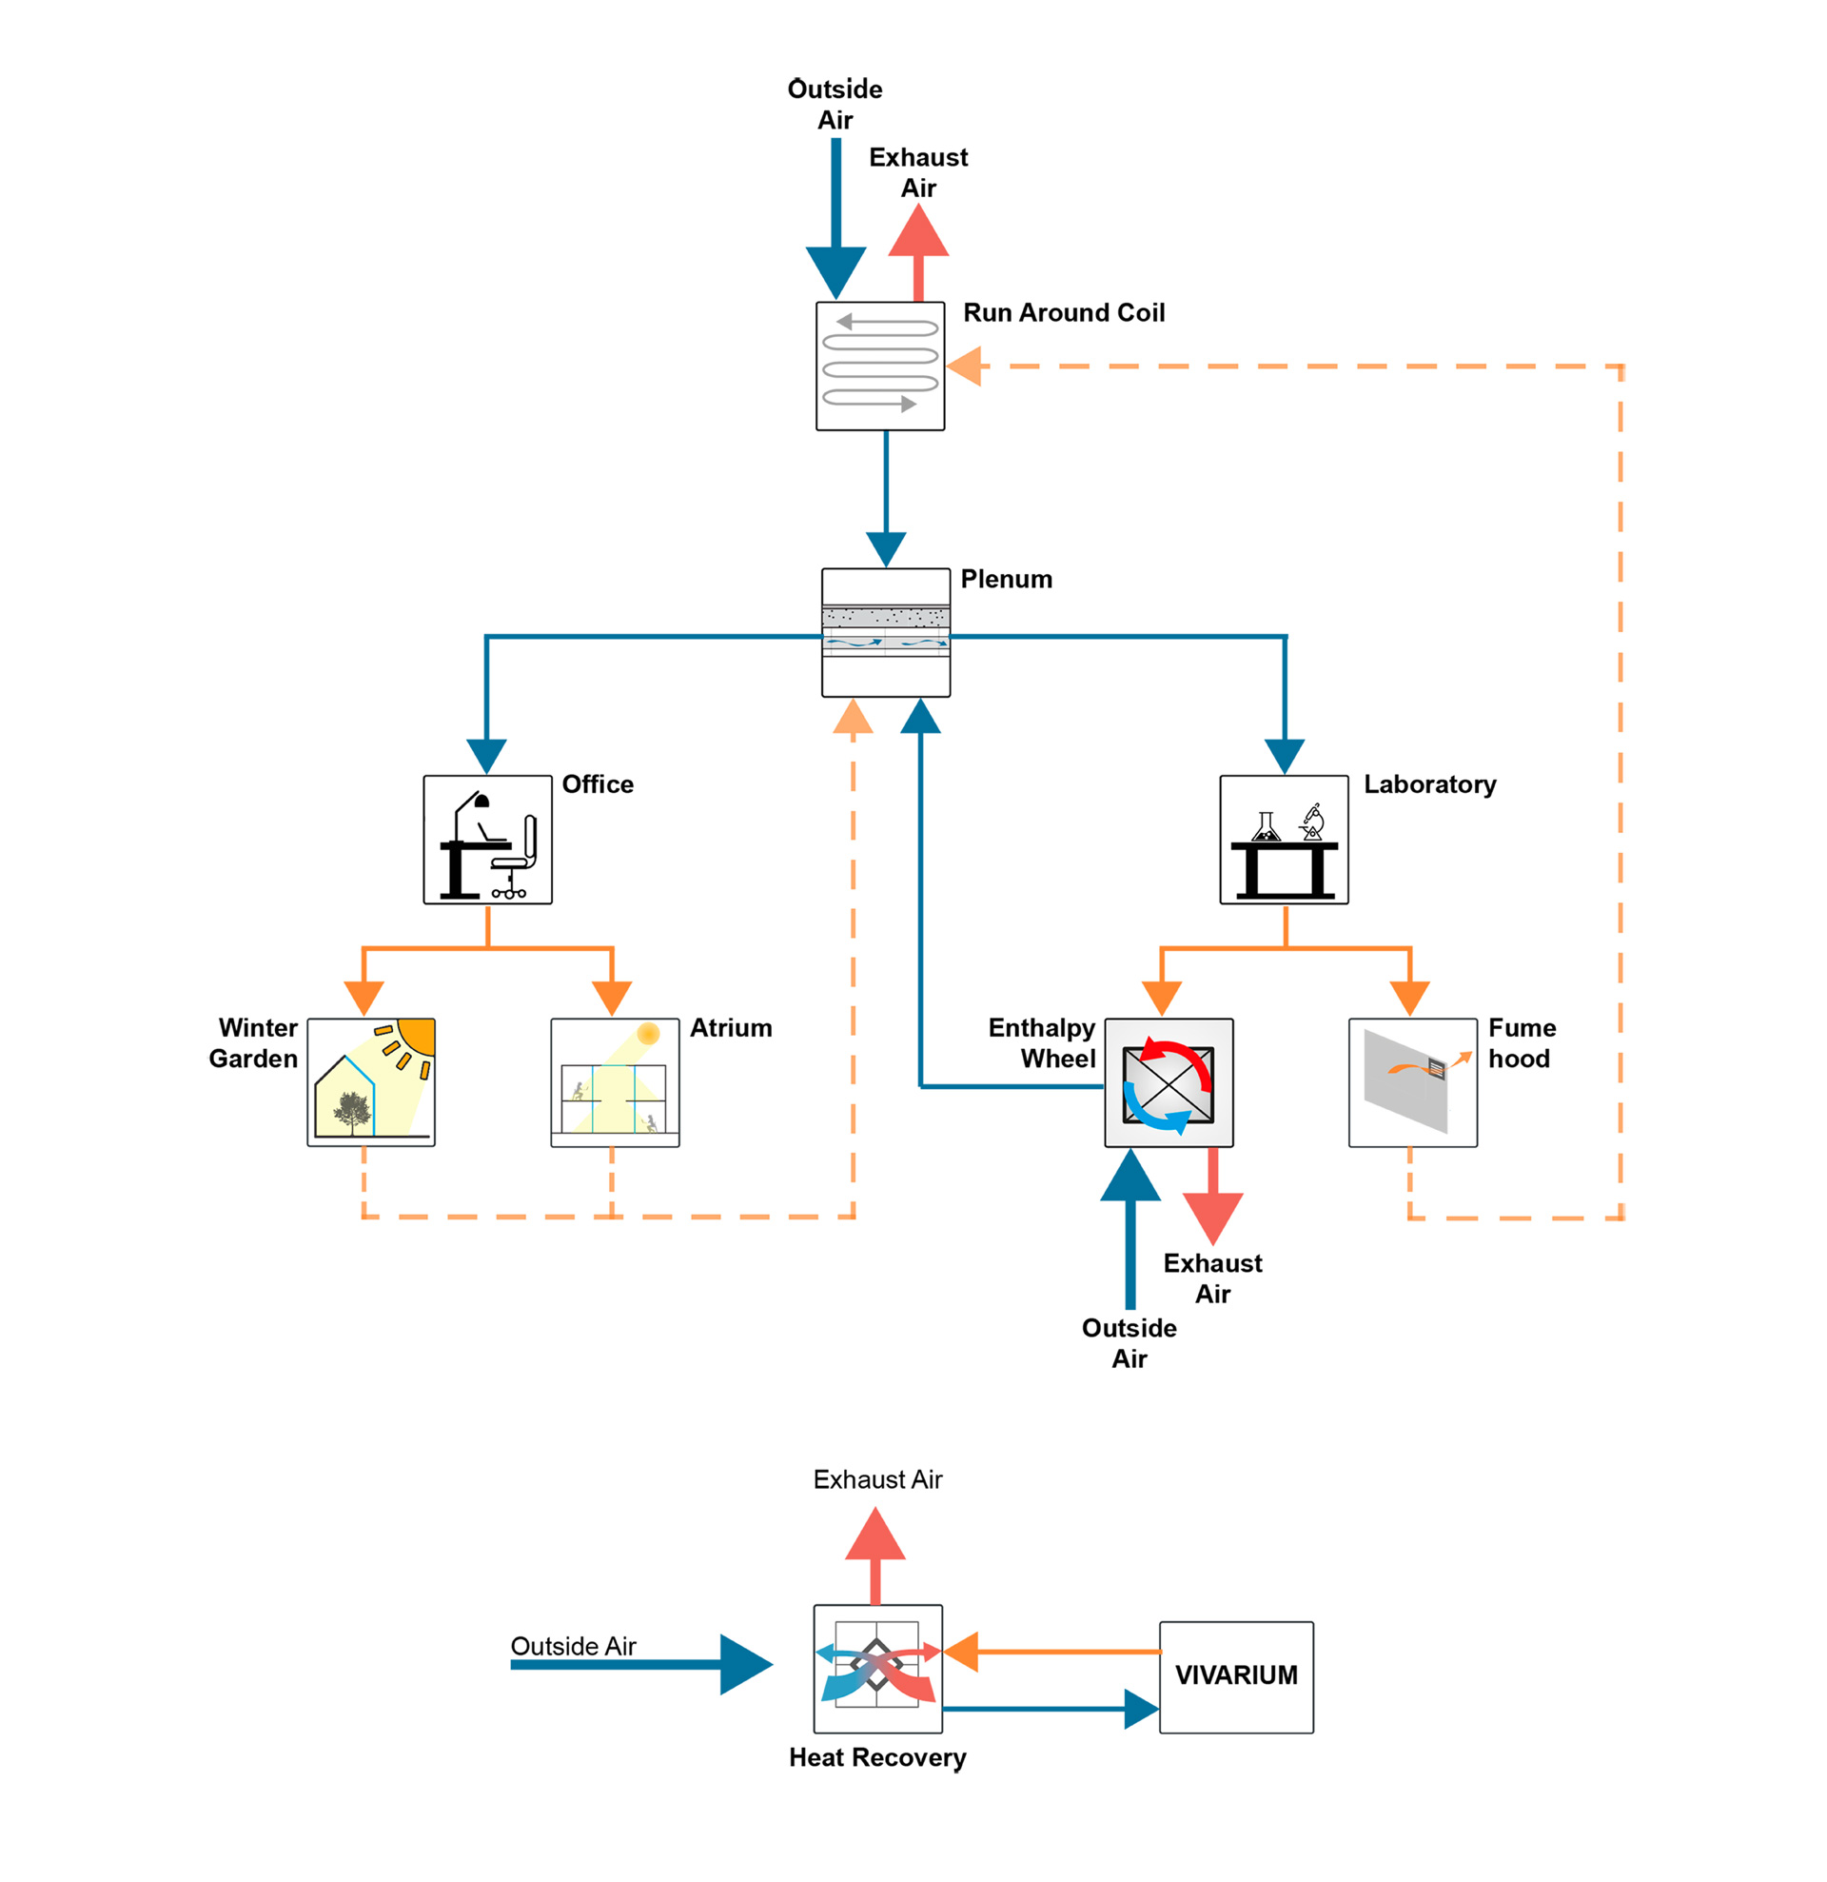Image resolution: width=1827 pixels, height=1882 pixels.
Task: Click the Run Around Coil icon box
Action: coord(879,366)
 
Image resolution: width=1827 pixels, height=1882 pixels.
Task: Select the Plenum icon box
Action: coord(885,632)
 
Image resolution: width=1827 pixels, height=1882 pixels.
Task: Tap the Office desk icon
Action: coord(488,840)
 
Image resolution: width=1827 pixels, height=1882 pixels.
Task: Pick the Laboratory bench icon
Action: coord(1284,840)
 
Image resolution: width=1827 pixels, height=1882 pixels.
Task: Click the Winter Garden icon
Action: coord(370,1082)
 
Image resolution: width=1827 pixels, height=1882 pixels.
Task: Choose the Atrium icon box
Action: coord(615,1082)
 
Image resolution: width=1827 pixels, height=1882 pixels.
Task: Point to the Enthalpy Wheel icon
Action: coord(1169,1082)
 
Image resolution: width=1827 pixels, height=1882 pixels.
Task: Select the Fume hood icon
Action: coord(1412,1082)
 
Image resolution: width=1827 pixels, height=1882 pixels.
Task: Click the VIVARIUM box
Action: coord(1235,1675)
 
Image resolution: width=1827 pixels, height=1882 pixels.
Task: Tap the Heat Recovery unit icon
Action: coord(877,1668)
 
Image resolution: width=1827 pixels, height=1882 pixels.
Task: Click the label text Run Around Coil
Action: coord(1063,313)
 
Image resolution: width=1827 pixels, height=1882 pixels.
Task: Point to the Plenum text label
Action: coord(1006,579)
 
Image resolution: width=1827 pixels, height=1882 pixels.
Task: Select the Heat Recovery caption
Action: coord(877,1757)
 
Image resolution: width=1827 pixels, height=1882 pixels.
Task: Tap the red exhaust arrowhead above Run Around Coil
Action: coord(918,232)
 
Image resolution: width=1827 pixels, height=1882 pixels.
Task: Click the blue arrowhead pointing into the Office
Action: coord(487,755)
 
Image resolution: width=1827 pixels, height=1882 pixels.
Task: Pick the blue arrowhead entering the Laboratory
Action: coord(1284,755)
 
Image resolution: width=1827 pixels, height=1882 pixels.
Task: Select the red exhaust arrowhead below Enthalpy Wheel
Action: coord(1212,1217)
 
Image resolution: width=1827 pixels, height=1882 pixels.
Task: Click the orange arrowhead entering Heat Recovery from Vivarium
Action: coord(962,1652)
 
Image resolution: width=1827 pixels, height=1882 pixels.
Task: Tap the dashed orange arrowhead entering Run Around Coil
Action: coord(965,366)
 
